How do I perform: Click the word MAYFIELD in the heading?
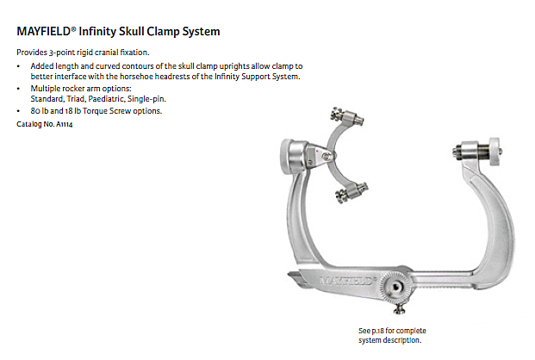point(43,31)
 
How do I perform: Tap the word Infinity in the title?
point(97,31)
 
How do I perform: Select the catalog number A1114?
point(65,124)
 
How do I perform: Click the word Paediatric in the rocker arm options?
point(107,99)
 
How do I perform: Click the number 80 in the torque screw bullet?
point(35,111)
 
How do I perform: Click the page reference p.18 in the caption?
point(377,331)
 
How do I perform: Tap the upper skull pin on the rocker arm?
point(347,116)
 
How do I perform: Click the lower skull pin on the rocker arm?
point(351,192)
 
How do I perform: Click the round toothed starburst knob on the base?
point(395,288)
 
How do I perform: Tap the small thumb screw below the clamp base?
point(399,309)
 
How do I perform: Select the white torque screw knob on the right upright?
point(495,152)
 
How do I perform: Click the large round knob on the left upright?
point(292,156)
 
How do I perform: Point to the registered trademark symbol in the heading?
point(73,28)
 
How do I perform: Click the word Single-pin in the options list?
point(146,99)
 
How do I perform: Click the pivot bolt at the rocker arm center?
point(327,156)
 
